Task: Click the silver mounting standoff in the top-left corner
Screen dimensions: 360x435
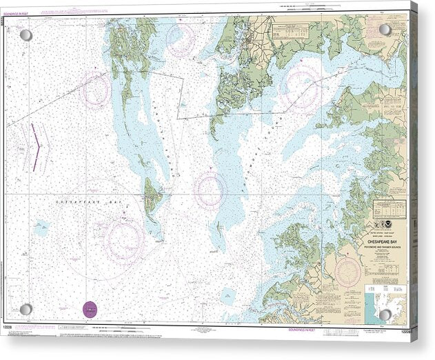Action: [26, 34]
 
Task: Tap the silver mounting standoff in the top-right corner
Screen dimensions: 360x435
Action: [385, 30]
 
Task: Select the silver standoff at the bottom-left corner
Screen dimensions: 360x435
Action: [26, 309]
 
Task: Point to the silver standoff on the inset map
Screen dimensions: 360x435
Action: [385, 314]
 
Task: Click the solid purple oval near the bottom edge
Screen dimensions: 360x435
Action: [90, 310]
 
